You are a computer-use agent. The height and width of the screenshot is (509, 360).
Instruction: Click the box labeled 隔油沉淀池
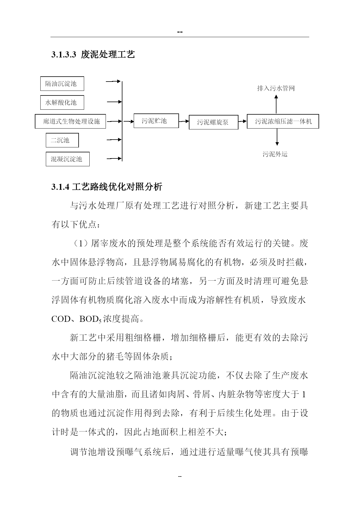[62, 84]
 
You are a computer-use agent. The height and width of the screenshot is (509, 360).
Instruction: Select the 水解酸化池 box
[62, 102]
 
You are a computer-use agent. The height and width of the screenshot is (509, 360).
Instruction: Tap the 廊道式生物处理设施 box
[70, 121]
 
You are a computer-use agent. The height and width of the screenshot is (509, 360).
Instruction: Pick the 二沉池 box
[62, 140]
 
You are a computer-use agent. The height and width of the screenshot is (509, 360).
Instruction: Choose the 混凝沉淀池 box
[68, 159]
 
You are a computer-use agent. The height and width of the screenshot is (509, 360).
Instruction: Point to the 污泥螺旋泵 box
[214, 122]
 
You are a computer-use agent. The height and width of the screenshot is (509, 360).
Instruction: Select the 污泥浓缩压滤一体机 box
[283, 121]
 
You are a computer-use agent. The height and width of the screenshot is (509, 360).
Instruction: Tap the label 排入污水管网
[276, 88]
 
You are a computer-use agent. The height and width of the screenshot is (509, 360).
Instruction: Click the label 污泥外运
[275, 154]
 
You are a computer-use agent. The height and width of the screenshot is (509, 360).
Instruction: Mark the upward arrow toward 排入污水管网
[276, 104]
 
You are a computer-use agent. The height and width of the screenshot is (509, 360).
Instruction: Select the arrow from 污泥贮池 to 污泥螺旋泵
[184, 121]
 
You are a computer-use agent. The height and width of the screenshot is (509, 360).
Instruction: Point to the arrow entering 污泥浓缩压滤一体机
[243, 122]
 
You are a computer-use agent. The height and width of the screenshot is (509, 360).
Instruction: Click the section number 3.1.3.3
[64, 55]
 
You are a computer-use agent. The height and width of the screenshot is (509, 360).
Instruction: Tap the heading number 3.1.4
[60, 187]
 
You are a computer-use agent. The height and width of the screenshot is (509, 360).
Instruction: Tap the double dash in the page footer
[180, 476]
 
